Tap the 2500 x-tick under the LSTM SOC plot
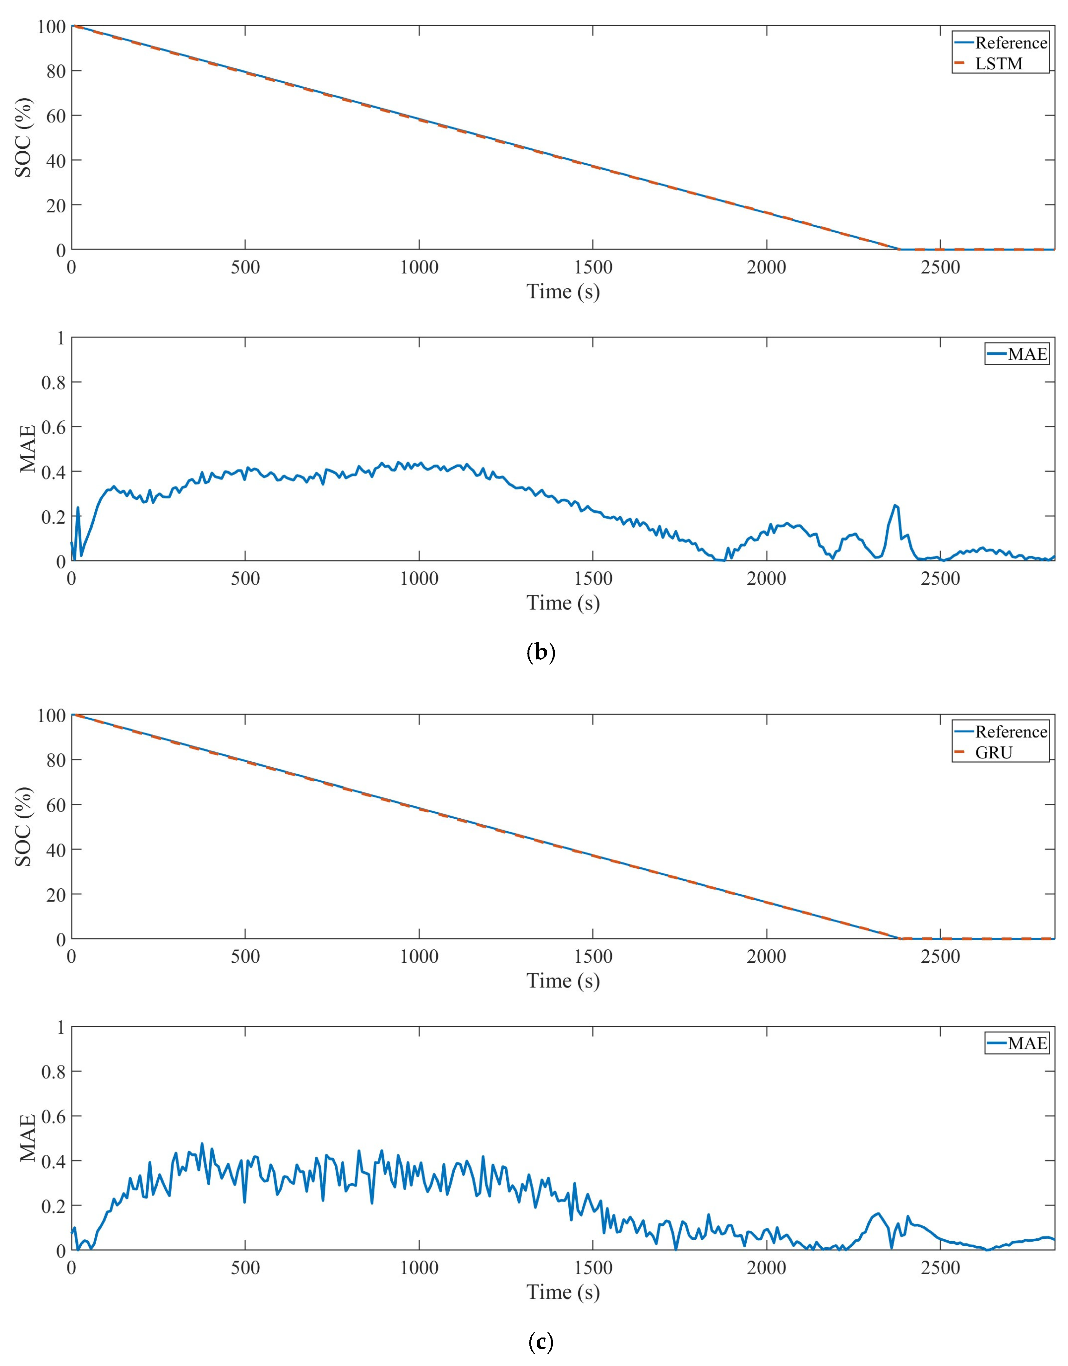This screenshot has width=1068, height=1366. [x=940, y=268]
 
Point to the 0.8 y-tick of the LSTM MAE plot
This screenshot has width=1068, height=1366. [x=53, y=382]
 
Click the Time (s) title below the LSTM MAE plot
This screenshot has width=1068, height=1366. [x=563, y=603]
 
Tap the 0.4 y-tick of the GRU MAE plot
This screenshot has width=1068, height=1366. [x=53, y=1161]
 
